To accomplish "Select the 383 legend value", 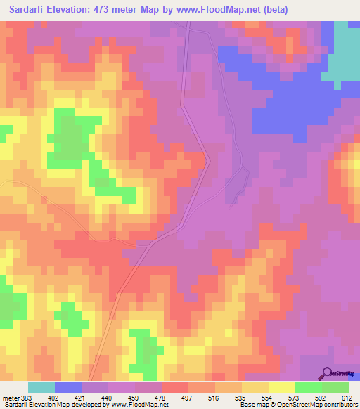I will [28, 398].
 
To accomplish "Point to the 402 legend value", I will [55, 398].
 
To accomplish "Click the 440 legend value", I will [108, 398].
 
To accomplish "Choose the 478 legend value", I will [162, 398].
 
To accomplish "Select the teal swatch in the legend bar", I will [41, 387].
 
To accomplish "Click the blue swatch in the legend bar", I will [68, 387].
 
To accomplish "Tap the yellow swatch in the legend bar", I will [281, 387].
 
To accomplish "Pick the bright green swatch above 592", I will [308, 387].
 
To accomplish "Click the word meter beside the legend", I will [11, 398].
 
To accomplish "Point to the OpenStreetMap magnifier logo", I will [327, 373].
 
